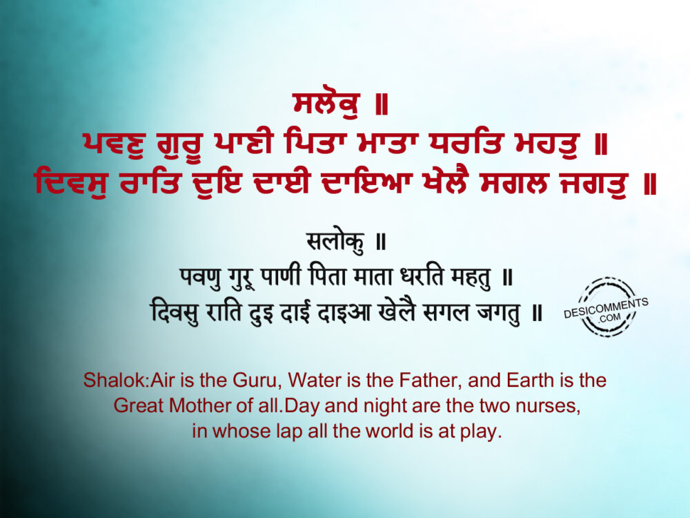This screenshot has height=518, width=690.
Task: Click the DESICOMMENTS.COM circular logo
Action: [606, 307]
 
